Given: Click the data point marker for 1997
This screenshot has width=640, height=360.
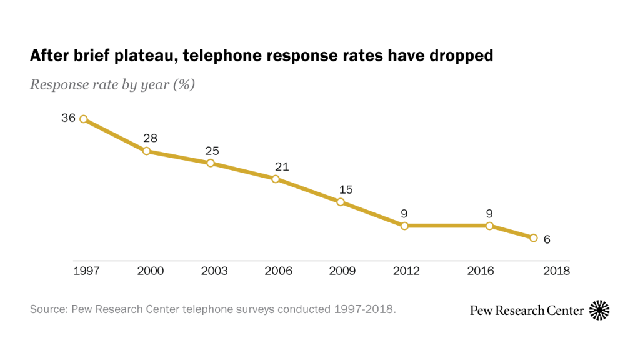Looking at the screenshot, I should coord(83,119).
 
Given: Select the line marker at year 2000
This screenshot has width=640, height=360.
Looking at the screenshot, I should coord(147,151).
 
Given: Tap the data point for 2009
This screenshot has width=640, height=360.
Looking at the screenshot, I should coord(341,202).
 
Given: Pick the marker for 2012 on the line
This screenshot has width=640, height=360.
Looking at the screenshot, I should coord(404,226).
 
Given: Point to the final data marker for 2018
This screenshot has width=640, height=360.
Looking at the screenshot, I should coord(533,238).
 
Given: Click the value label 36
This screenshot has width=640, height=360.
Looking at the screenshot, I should coord(68,117).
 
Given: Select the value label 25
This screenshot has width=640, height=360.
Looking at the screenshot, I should coord(212,151).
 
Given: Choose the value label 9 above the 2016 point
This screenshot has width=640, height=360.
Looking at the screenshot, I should coord(489,214).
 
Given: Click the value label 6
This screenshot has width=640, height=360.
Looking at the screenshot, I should coord(547,239).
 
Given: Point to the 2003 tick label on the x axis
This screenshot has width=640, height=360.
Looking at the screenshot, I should coord(214,271).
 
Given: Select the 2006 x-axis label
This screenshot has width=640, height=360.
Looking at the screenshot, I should coord(278,271).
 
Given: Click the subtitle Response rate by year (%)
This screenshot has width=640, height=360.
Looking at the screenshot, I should coord(112,84).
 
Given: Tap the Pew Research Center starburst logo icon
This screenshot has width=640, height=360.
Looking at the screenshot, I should coord(599,310).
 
